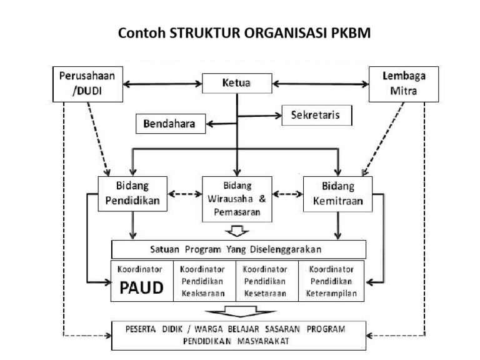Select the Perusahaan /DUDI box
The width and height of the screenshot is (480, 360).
pos(86,84)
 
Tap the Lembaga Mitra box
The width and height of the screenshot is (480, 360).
pos(394,84)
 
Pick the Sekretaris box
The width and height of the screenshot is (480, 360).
pos(315,116)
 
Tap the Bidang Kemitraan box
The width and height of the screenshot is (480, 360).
pos(337,194)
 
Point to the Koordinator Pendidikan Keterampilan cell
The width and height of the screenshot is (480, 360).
pos(332,281)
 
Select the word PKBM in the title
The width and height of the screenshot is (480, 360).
pos(351,33)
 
